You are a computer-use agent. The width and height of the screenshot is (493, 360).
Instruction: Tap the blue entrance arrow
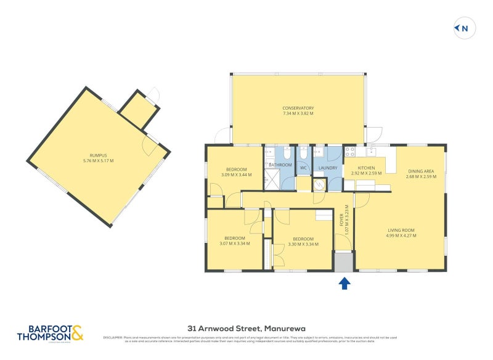344,283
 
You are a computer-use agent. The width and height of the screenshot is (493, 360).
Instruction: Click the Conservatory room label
298,108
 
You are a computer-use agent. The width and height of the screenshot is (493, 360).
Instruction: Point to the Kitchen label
363,168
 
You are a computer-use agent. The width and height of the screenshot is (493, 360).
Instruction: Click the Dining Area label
421,171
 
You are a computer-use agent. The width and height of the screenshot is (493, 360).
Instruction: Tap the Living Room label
401,231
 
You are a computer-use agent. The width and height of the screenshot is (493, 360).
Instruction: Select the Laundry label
327,167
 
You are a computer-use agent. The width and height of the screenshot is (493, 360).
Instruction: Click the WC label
303,167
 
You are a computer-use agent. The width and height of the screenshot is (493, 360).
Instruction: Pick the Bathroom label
280,165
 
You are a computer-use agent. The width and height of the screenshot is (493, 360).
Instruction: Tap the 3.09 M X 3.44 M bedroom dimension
236,174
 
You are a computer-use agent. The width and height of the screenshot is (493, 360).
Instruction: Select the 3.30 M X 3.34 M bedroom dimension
303,244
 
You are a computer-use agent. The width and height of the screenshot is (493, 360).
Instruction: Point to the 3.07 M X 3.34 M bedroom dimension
234,243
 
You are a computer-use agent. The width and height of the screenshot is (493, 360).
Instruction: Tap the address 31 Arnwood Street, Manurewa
246,329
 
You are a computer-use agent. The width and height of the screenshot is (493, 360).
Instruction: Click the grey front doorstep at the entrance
344,262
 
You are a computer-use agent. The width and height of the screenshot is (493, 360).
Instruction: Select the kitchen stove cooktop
350,151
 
